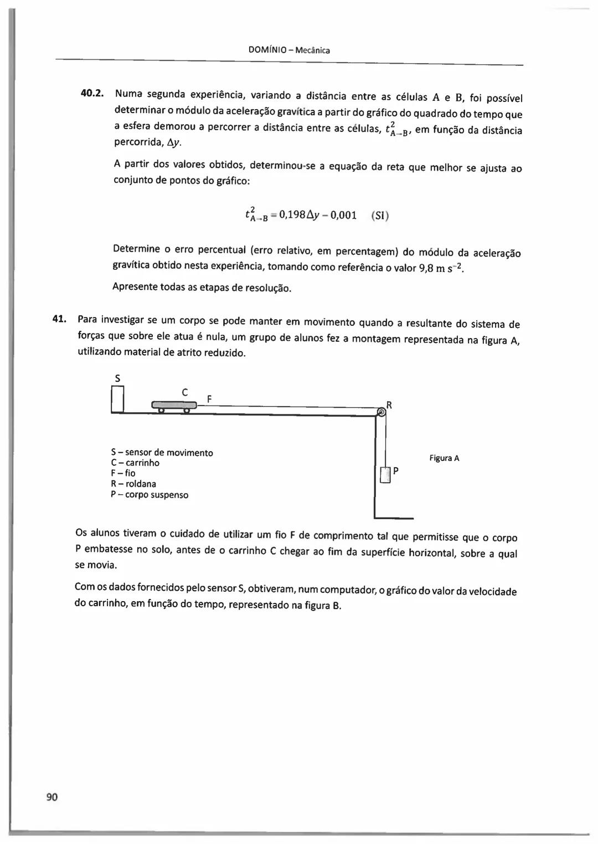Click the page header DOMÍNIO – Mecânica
pyautogui.click(x=289, y=50)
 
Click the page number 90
pyautogui.click(x=51, y=797)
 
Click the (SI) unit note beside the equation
pyautogui.click(x=380, y=215)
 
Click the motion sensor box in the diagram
pyautogui.click(x=117, y=398)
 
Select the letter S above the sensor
pyautogui.click(x=117, y=378)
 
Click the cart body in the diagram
pyautogui.click(x=174, y=406)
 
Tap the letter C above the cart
pyautogui.click(x=185, y=392)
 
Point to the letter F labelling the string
pyautogui.click(x=209, y=398)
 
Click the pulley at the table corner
pyautogui.click(x=381, y=411)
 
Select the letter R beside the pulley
pyautogui.click(x=389, y=405)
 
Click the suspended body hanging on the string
pyautogui.click(x=385, y=475)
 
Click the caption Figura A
pyautogui.click(x=444, y=458)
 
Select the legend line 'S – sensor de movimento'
pyautogui.click(x=162, y=453)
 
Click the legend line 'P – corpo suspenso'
pyautogui.click(x=149, y=495)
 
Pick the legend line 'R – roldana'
pyautogui.click(x=133, y=484)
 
